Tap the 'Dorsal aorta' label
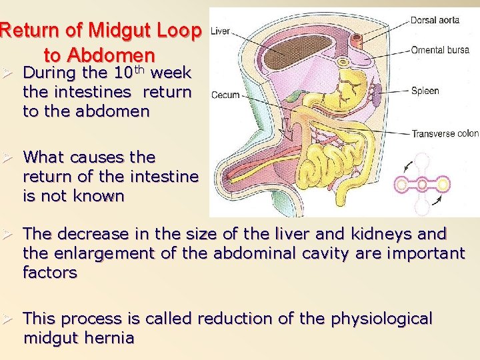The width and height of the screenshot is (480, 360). coord(435,20)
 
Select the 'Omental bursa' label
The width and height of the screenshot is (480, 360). coord(440,50)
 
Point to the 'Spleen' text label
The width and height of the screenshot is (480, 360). coord(425,91)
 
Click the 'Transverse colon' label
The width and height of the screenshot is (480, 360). coord(445,133)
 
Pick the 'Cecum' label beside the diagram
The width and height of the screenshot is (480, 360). coord(225,95)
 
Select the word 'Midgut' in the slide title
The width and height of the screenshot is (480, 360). coord(127,30)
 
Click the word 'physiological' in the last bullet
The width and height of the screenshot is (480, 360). coord(377,319)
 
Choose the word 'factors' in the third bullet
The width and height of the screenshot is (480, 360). coord(50,272)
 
